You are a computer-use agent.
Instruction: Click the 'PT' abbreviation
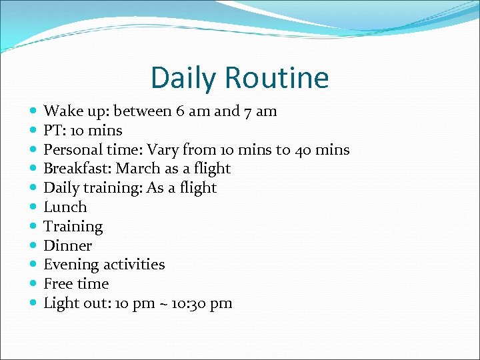(x=52, y=131)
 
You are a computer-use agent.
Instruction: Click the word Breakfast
(x=75, y=169)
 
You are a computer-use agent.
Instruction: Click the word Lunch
(x=65, y=207)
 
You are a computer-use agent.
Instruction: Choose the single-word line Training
(x=73, y=227)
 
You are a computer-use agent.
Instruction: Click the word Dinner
(x=67, y=246)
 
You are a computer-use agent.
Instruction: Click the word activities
(x=134, y=265)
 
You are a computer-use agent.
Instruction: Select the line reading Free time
(x=75, y=284)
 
